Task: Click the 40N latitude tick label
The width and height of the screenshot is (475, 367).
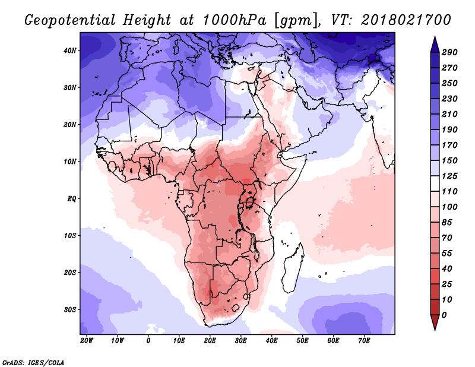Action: (70, 50)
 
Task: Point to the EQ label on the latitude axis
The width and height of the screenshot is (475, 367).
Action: (72, 198)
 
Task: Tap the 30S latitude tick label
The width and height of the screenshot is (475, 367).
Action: (70, 309)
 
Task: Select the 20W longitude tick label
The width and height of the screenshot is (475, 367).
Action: (86, 341)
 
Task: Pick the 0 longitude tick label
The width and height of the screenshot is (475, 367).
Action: (148, 341)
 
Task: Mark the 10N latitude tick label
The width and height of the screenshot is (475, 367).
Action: (70, 162)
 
